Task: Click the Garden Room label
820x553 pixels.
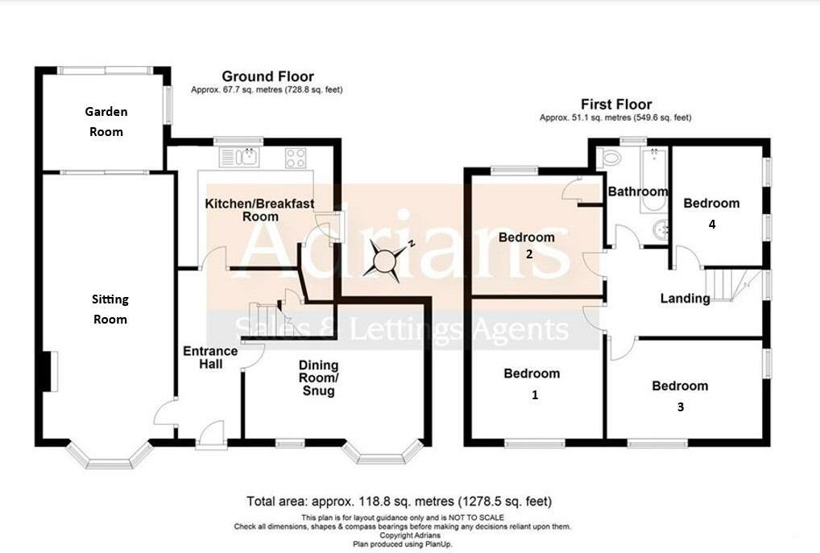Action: coord(106,122)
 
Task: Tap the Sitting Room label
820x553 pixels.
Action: coord(110,309)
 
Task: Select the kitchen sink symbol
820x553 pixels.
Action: coord(239,157)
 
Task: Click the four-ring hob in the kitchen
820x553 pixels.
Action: coord(296,158)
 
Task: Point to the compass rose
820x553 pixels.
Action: coord(386,260)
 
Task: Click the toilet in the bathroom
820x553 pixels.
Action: coord(608,157)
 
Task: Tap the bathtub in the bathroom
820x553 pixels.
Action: coord(653,180)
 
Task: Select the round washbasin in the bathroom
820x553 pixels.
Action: coord(661,230)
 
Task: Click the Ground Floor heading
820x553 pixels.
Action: coord(267,76)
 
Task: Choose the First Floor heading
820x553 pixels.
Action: coord(616,105)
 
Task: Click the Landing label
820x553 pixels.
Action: coord(685,299)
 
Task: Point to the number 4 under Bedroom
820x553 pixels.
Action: coord(712,225)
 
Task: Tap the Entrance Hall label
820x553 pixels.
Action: coord(210,357)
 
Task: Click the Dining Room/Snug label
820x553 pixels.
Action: coord(318,378)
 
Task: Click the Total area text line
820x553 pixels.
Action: coord(399,501)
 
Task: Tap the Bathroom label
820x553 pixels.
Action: coord(637,192)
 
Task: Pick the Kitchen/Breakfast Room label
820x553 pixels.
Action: coord(260,210)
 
